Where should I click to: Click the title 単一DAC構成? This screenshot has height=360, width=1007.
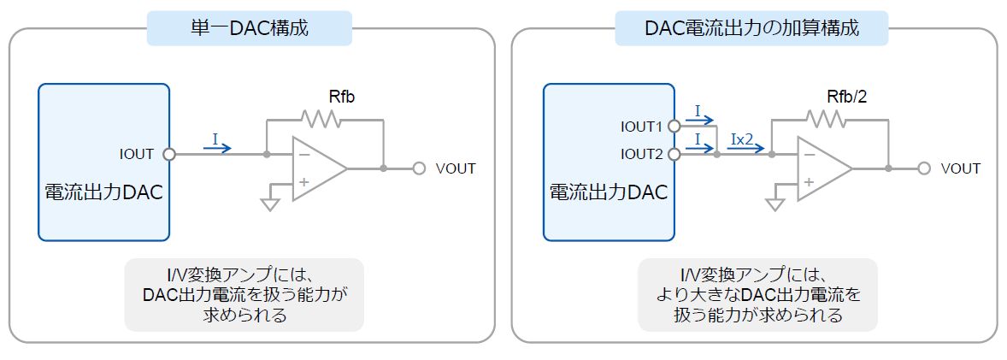(x=249, y=29)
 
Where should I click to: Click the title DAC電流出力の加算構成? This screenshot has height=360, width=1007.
(x=751, y=29)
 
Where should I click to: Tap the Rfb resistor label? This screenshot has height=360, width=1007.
(x=341, y=97)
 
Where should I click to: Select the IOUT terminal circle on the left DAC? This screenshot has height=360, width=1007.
(x=169, y=154)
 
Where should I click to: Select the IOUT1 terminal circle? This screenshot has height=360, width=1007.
(x=674, y=126)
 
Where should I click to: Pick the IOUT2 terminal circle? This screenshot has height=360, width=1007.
(x=674, y=154)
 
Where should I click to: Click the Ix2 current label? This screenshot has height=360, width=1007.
(x=742, y=139)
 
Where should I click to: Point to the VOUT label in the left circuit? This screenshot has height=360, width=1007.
(x=456, y=169)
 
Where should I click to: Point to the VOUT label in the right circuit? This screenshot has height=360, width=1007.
(x=960, y=169)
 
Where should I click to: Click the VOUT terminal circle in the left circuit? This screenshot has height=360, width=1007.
(x=419, y=169)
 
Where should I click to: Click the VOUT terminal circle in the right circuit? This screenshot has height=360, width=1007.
(x=923, y=169)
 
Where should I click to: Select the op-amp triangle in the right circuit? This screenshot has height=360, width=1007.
(x=825, y=169)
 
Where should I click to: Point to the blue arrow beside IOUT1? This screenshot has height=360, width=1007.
(x=699, y=120)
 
